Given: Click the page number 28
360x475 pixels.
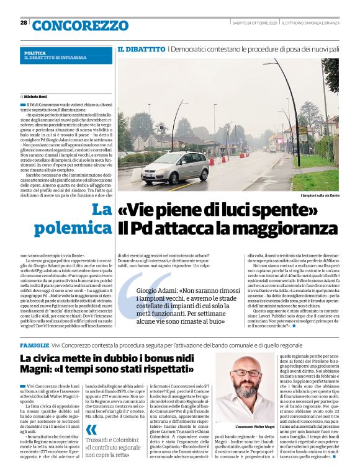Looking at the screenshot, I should coord(24,22).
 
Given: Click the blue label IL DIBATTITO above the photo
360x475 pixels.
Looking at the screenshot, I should coord(141,48).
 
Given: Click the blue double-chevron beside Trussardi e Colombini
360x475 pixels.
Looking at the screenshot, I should coord(91,429).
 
